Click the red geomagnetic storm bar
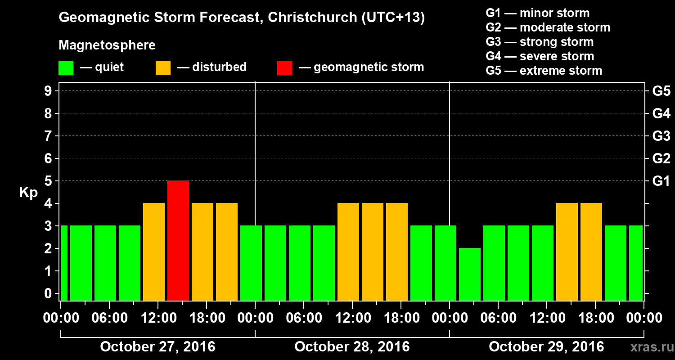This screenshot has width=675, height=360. (178, 240)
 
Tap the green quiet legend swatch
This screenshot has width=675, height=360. (66, 68)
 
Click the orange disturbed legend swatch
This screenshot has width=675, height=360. (163, 68)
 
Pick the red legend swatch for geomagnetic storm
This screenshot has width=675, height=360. (284, 68)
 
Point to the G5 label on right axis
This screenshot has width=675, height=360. (661, 91)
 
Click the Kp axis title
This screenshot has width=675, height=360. (28, 193)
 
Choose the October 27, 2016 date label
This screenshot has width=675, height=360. (157, 347)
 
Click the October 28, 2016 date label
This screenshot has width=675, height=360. (352, 347)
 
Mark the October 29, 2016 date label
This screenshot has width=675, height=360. (546, 347)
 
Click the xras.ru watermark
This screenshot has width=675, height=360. (648, 347)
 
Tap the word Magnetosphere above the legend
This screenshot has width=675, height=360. (107, 45)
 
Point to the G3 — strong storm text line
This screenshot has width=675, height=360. (540, 42)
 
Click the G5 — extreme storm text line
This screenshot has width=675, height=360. (544, 71)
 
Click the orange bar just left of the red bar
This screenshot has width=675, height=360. (153, 252)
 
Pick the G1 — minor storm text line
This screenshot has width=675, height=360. (537, 13)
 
